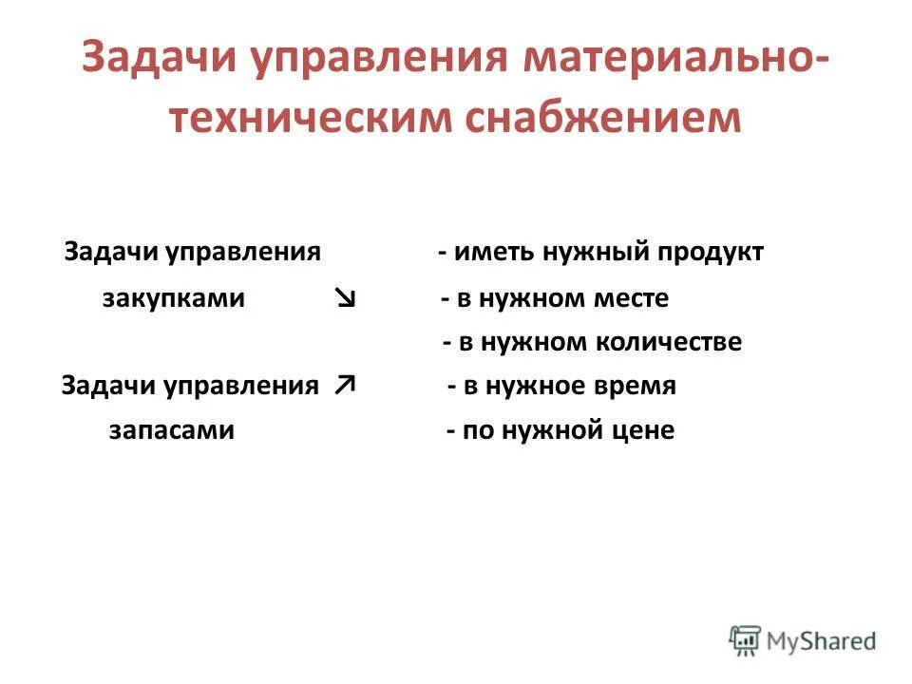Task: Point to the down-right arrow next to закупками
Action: point(346,299)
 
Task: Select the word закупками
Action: point(173,299)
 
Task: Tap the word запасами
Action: point(172,430)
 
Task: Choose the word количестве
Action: point(669,343)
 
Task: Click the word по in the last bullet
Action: point(475,430)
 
